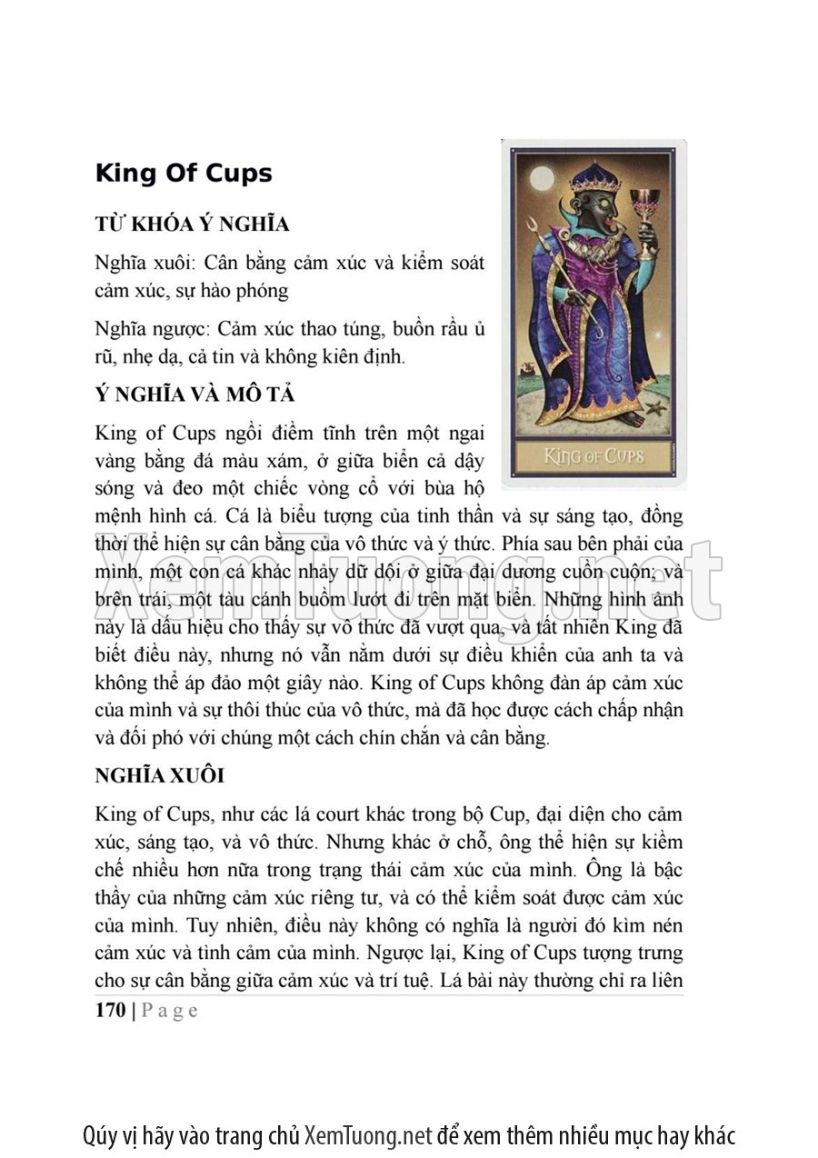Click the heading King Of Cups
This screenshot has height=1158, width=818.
click(x=184, y=174)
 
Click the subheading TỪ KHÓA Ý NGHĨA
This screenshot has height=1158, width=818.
click(x=192, y=224)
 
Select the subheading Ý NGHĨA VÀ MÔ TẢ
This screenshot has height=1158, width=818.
click(x=195, y=395)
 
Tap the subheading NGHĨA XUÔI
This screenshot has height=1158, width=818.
click(x=159, y=776)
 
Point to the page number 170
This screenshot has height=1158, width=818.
click(x=111, y=1011)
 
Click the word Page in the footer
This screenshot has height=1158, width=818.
click(x=171, y=1011)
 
